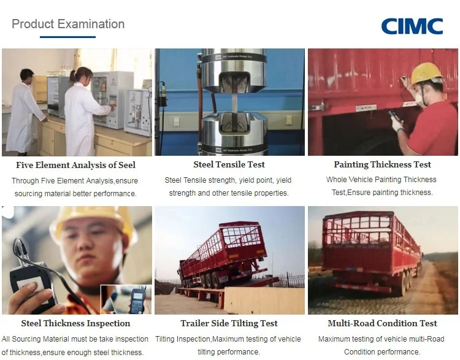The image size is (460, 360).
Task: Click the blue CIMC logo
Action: click(412, 26)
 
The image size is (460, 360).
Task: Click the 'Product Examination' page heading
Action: click(68, 24)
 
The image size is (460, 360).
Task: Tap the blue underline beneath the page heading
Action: click(67, 37)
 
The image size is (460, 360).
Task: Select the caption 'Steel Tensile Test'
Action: click(229, 164)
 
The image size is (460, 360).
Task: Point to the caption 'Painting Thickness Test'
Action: click(382, 164)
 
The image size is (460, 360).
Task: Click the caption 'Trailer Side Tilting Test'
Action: click(229, 323)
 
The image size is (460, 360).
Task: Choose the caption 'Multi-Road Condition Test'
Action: click(382, 323)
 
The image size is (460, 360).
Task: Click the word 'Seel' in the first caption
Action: click(127, 165)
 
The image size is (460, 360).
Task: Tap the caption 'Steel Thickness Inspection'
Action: click(75, 323)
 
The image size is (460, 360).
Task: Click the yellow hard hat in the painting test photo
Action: click(426, 74)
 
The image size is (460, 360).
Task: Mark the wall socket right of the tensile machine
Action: click(289, 120)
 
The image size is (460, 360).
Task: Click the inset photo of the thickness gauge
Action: click(126, 299)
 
